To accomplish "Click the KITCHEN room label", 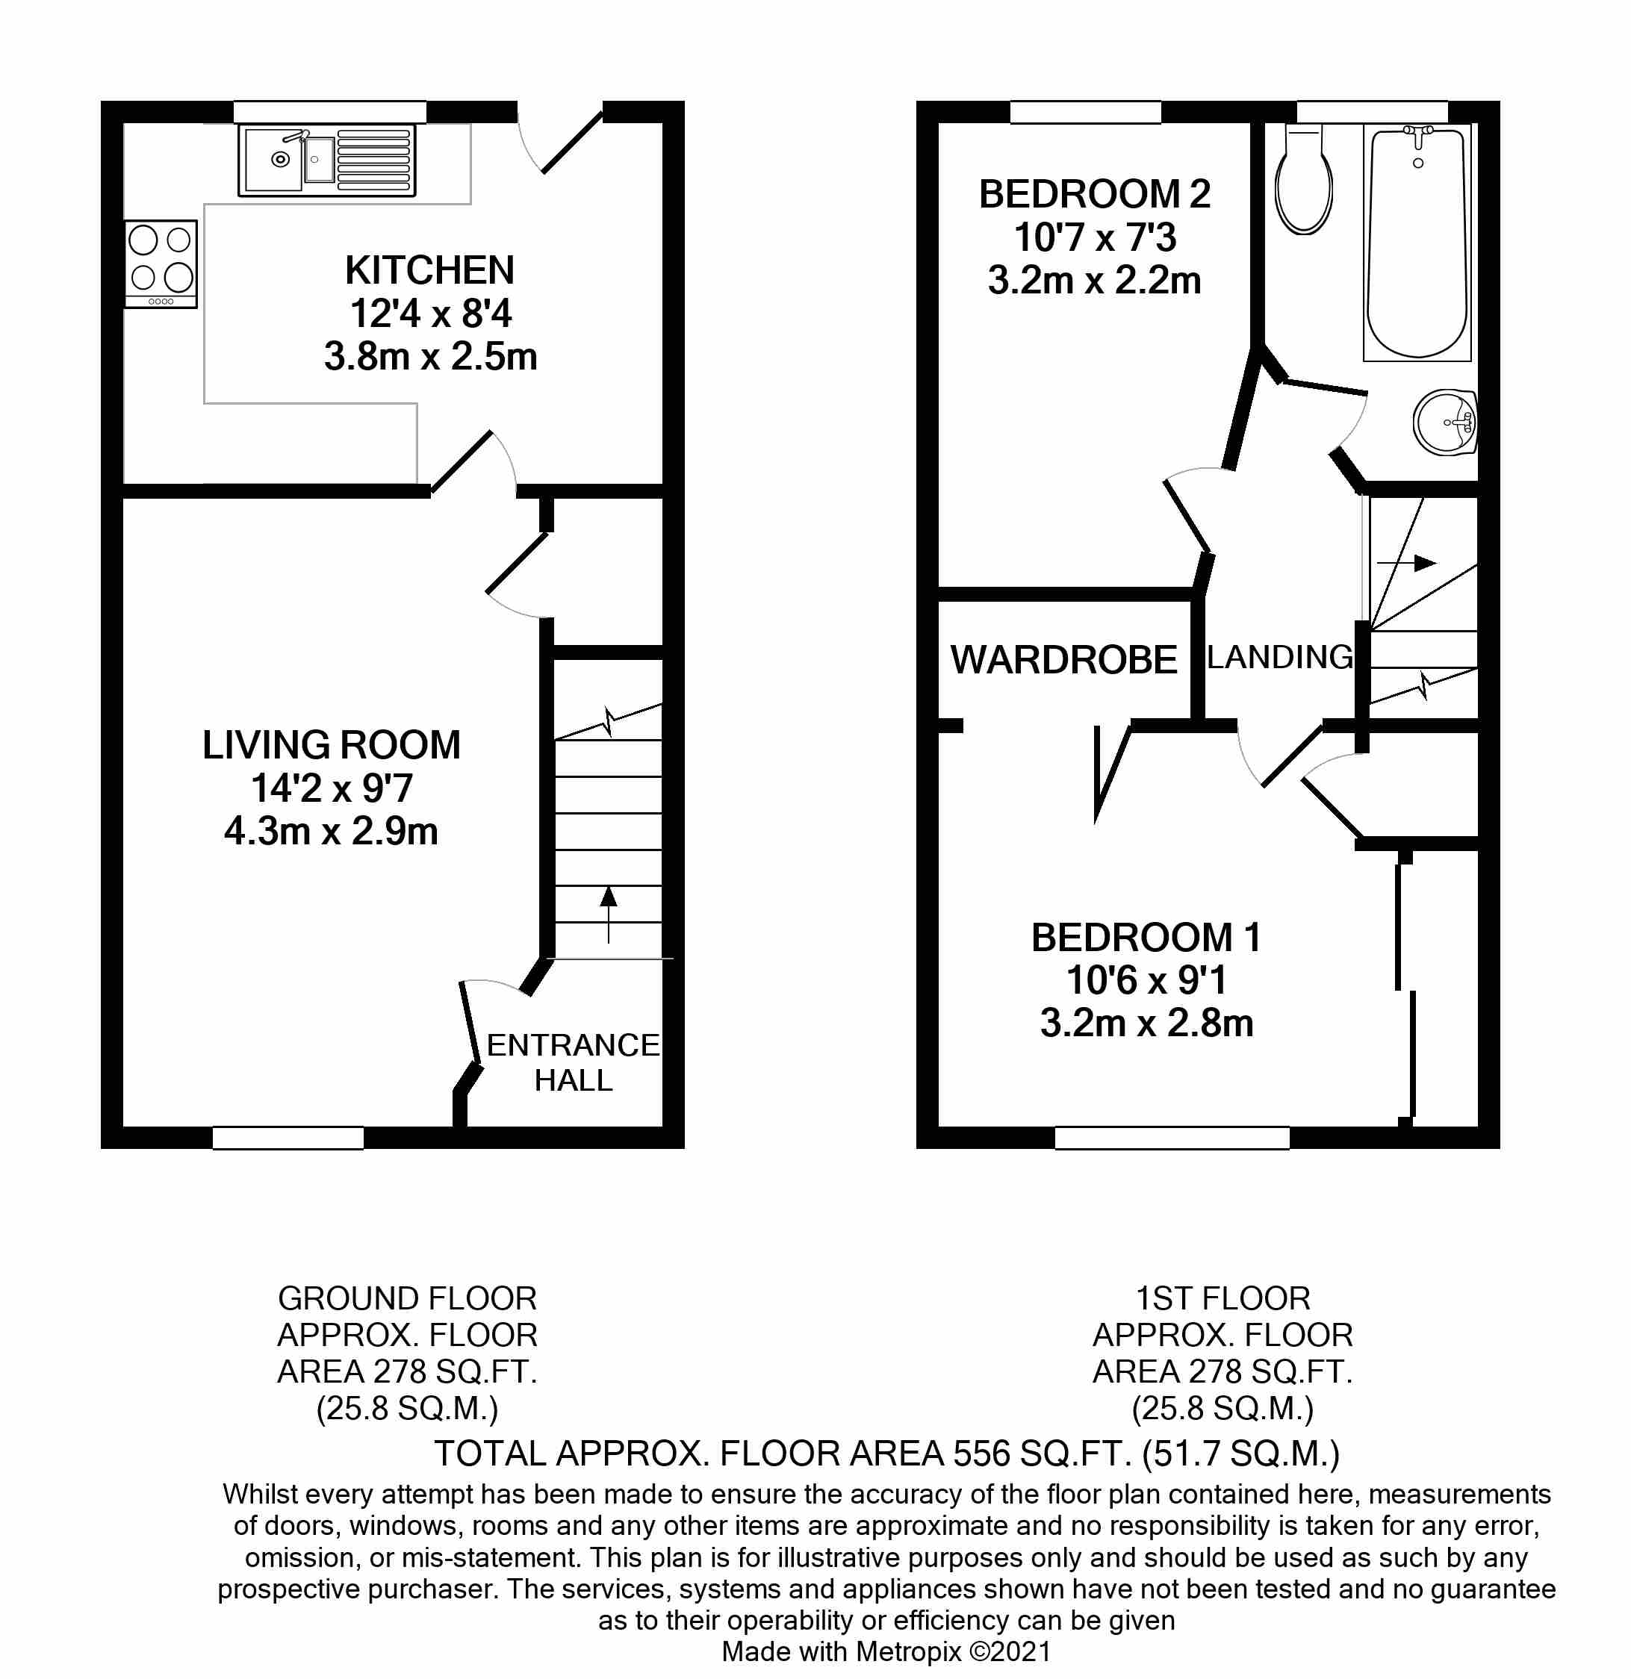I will click(429, 271).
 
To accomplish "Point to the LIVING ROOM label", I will click(331, 745).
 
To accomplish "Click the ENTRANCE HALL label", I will click(573, 1062).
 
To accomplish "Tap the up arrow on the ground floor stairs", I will click(609, 912).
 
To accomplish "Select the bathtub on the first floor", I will click(1417, 244).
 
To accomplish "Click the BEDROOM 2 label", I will click(1095, 194).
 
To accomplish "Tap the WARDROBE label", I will click(1063, 660).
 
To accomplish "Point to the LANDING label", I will click(1279, 658).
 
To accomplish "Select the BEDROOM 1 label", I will click(1146, 938).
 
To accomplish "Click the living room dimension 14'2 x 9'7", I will click(331, 788).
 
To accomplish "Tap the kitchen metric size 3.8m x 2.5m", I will click(430, 356).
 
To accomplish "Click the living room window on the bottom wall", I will click(288, 1138).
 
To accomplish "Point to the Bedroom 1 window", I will click(1172, 1138).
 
